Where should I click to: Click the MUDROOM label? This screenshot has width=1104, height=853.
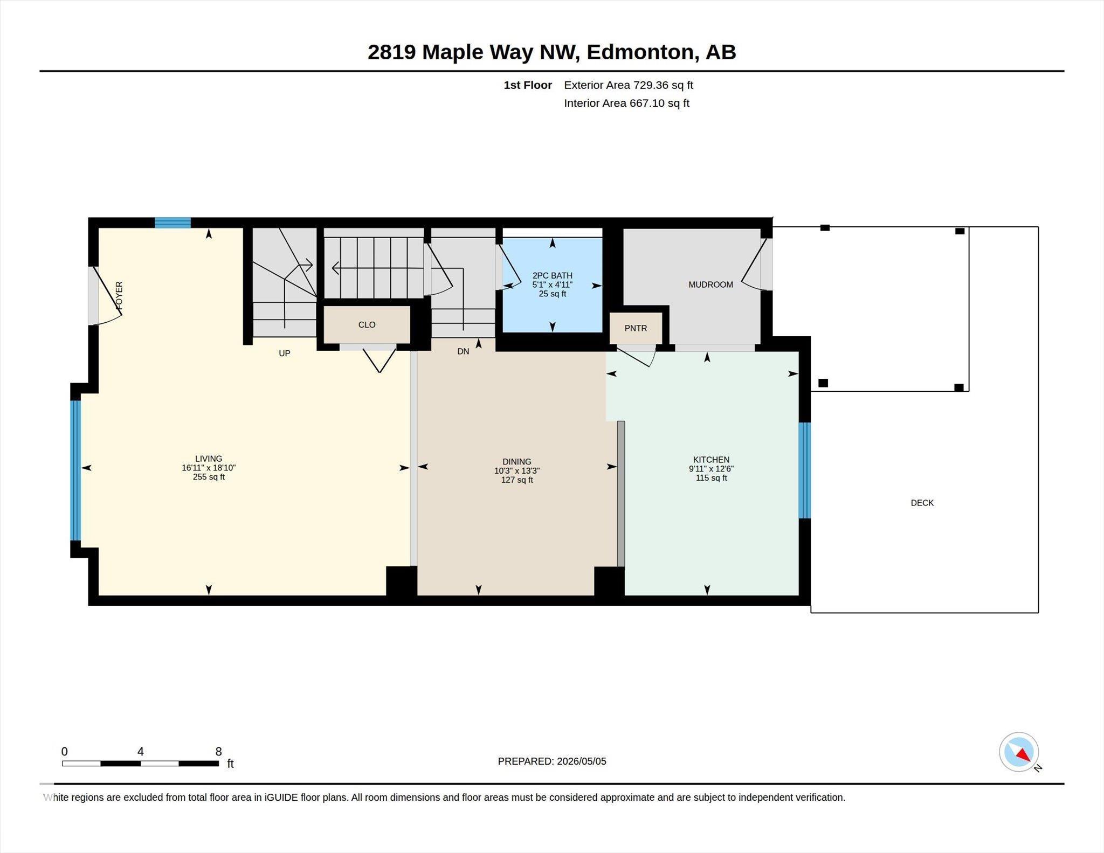(x=710, y=285)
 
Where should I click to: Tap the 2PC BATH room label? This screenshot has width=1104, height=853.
(x=552, y=275)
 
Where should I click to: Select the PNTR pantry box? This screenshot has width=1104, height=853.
(x=636, y=328)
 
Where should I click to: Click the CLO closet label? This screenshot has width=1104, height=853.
(x=367, y=324)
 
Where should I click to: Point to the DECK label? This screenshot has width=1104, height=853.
(x=922, y=503)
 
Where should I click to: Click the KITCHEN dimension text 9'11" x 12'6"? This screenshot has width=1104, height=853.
(x=711, y=469)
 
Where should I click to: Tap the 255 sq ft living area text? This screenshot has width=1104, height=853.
(x=209, y=477)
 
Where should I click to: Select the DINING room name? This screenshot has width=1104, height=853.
(x=516, y=462)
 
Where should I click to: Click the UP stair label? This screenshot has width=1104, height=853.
(x=284, y=353)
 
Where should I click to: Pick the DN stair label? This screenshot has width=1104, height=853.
(x=463, y=351)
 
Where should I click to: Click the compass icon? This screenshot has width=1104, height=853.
(x=1019, y=752)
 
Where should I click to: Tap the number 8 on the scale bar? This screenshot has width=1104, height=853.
(x=218, y=752)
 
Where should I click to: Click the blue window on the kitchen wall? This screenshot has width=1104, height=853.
(x=804, y=470)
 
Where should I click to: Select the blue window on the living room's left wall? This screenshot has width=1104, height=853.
(x=75, y=470)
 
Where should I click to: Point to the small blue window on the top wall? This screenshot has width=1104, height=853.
(x=173, y=223)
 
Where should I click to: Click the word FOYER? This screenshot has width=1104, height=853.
(x=119, y=295)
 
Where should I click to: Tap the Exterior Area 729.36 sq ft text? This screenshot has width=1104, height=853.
(x=629, y=85)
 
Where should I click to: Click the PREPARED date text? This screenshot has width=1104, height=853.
(x=552, y=761)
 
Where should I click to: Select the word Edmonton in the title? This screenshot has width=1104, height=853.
(x=639, y=52)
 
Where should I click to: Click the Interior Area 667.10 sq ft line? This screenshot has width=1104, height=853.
(x=626, y=103)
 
